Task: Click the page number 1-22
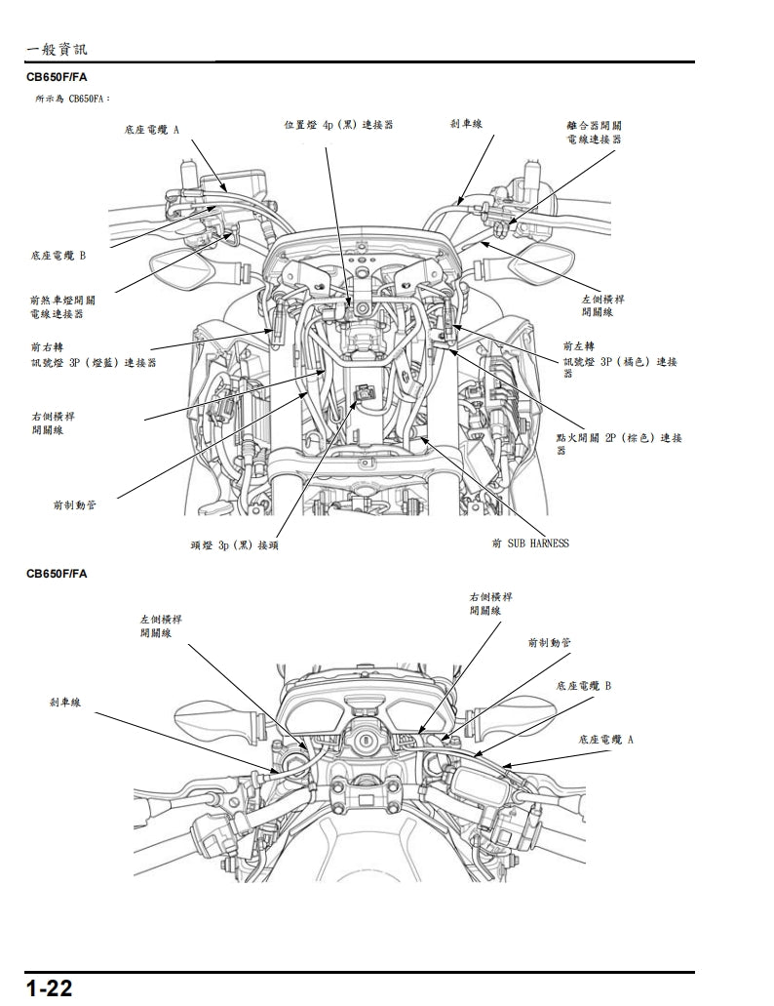(x=50, y=988)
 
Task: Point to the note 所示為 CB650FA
(x=73, y=99)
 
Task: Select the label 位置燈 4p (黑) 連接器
(x=338, y=126)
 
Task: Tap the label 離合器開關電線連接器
(x=594, y=133)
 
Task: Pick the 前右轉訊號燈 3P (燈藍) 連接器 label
(x=93, y=354)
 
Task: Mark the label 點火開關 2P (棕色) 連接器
(x=618, y=444)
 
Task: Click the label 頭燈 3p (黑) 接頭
(x=234, y=544)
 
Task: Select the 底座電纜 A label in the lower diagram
(x=605, y=740)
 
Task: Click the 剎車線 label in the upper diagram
(x=466, y=124)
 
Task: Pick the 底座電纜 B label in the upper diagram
(x=58, y=255)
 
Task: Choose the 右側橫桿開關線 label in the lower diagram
(x=491, y=603)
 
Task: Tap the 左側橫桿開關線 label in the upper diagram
(x=597, y=306)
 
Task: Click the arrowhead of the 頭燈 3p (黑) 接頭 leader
(x=367, y=390)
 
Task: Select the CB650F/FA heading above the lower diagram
(x=57, y=574)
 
